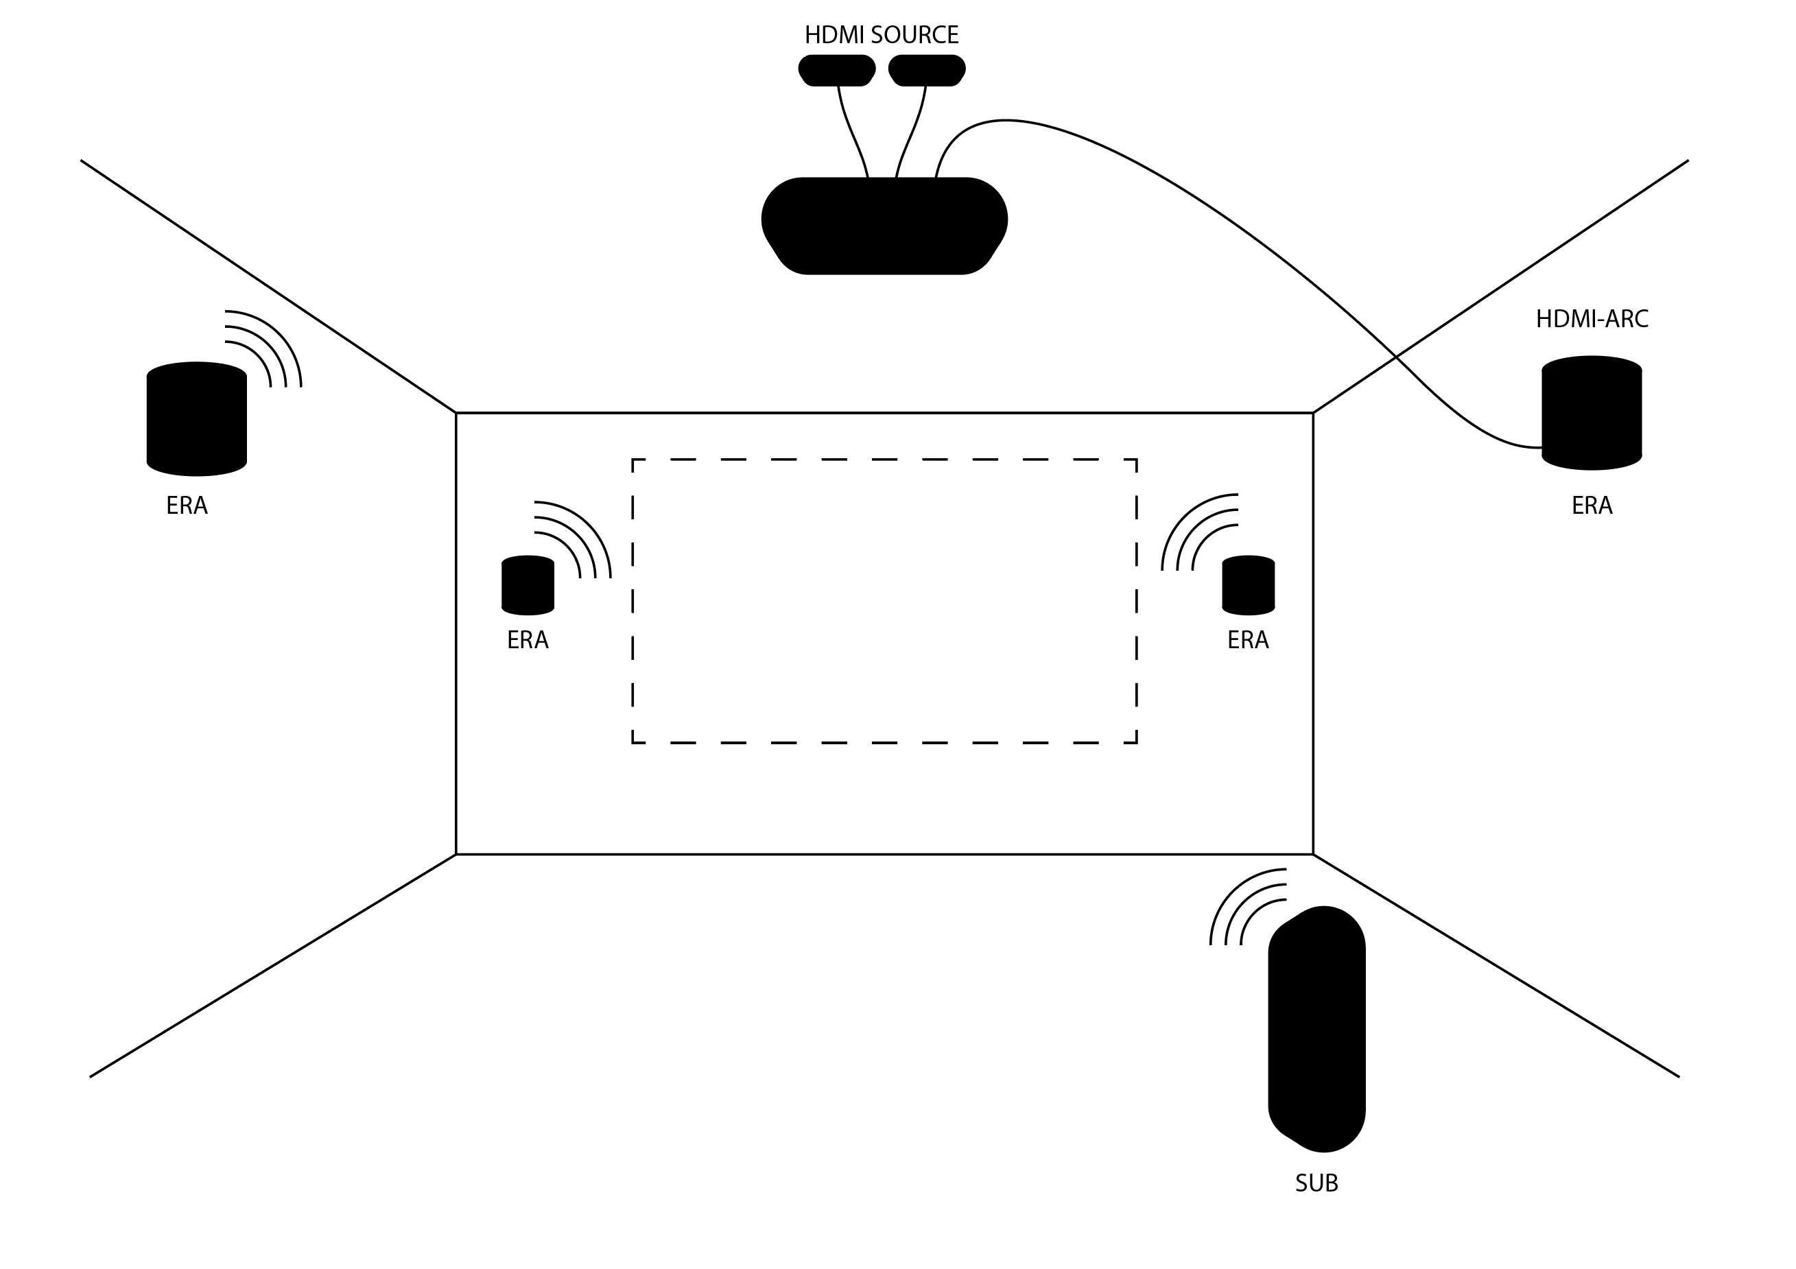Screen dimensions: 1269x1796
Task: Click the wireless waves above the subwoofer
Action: [1244, 908]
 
